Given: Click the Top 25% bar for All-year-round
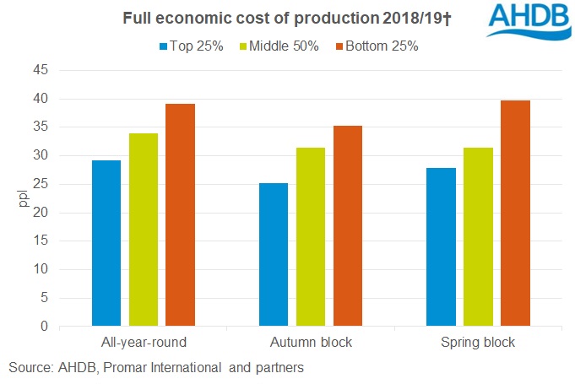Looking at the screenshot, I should point(106,243).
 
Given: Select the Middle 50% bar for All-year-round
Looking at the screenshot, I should point(144,230).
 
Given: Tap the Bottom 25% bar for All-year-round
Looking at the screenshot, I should point(180,214).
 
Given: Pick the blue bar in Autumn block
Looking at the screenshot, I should point(274,254).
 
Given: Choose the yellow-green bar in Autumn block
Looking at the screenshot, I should point(311,236).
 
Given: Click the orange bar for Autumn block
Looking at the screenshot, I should point(347,225).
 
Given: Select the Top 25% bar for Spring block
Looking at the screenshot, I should point(441,246).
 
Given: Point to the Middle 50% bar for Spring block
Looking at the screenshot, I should point(478,236).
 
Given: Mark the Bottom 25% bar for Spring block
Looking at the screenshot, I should point(514,213).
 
